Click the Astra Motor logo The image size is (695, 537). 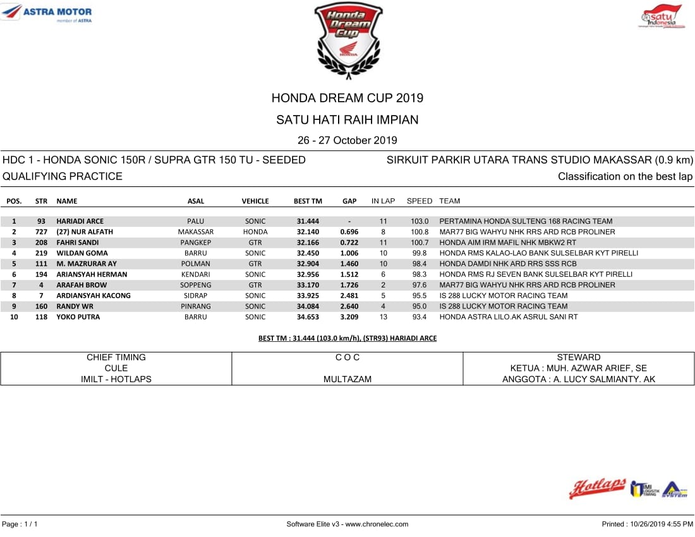48,13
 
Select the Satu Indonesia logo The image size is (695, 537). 661,17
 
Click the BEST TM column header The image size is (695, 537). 308,202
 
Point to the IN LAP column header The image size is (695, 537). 383,202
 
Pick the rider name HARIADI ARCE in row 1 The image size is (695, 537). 80,222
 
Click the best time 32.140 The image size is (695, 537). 308,232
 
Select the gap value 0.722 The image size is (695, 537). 349,243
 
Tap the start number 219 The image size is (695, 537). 41,253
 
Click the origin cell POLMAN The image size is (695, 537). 195,264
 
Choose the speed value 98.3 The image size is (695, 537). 420,274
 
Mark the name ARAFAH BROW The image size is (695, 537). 82,285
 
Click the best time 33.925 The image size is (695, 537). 308,296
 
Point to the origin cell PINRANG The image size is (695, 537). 195,306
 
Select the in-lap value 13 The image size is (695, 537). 383,317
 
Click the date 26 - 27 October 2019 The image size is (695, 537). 347,140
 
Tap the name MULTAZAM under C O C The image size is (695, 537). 347,379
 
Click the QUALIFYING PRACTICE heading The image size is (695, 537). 63,176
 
